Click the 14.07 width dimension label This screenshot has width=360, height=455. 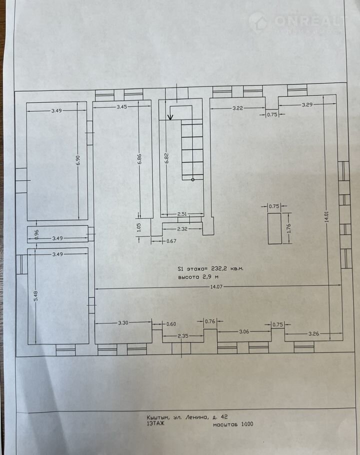[x=216, y=286]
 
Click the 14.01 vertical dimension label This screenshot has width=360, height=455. [x=327, y=216]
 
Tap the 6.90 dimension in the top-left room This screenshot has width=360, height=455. [x=77, y=160]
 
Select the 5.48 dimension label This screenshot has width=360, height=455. [x=35, y=296]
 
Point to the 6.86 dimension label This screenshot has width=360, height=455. [x=139, y=158]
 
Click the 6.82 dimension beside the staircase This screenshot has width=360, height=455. [x=166, y=158]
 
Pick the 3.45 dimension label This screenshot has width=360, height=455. [x=122, y=107]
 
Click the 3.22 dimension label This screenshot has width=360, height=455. [x=237, y=108]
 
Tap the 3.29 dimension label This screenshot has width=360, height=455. [x=307, y=105]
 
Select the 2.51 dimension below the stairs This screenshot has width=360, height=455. [x=182, y=214]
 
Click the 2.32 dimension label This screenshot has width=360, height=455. [x=182, y=229]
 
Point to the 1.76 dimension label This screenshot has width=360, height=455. [x=289, y=228]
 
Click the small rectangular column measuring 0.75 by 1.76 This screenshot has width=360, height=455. [x=274, y=228]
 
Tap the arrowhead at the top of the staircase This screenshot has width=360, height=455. [x=170, y=117]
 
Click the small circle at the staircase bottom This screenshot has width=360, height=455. [x=193, y=179]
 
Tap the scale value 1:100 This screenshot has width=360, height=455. [x=247, y=424]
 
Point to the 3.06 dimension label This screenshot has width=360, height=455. [x=244, y=331]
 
